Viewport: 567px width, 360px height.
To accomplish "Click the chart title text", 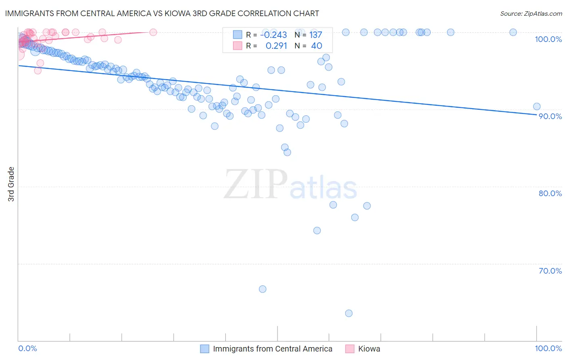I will coord(162,13).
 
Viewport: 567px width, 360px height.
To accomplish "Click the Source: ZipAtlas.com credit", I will coord(531,13).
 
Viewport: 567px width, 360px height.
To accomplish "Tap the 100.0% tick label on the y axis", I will coord(548,39).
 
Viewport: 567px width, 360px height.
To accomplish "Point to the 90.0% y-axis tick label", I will coord(550,116).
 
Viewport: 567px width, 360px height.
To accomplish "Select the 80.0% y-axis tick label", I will coord(550,193).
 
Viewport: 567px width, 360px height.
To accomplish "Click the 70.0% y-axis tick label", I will coord(550,271).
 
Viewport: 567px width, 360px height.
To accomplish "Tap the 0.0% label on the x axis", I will coord(27,348).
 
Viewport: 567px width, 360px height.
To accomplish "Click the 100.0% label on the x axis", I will coord(548,348).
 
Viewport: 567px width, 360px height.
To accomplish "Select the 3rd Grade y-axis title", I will coord(11,184).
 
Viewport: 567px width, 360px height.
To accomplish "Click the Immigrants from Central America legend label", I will coord(273,349).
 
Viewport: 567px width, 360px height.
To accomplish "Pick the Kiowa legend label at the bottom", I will coord(369,349).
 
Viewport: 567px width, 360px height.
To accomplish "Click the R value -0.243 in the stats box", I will coord(273,35).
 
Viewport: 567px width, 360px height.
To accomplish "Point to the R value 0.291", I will coord(276,46).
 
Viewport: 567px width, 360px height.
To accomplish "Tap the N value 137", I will coord(315,35).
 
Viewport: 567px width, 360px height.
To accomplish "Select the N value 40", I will coord(316,46).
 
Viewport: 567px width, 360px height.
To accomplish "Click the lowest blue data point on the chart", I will coord(349,313).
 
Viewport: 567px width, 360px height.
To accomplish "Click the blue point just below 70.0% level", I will coord(263,289).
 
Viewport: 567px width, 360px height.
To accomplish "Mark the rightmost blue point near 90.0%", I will coord(537,107).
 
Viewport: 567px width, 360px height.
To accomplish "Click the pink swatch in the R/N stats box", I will coord(238,46).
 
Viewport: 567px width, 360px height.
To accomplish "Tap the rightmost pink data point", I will coord(153,32).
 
